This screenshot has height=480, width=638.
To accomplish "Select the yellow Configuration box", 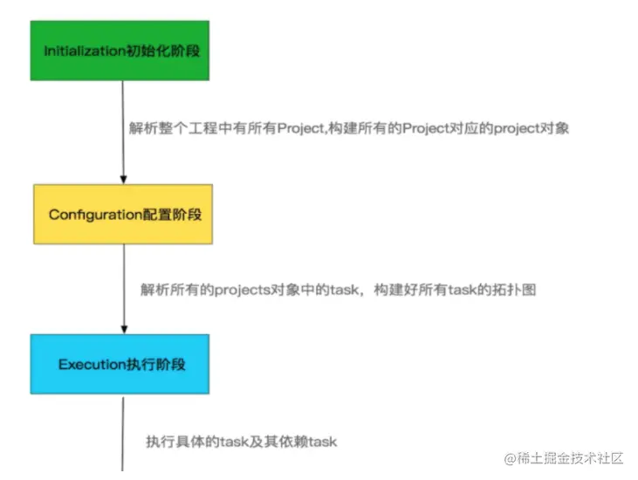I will (123, 214).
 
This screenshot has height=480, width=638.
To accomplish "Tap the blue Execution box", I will (121, 364).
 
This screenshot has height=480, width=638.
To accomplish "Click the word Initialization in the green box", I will (86, 51).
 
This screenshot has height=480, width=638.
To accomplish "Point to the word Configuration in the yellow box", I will (95, 214).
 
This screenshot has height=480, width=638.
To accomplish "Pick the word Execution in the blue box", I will (93, 364).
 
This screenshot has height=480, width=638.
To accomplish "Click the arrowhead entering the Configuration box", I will (123, 179).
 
